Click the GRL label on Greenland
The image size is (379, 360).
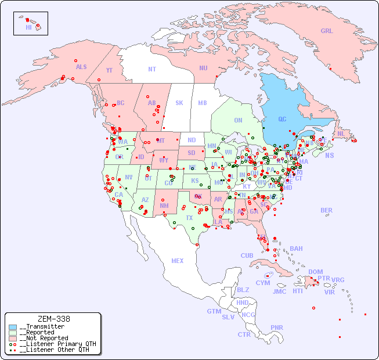[x=327, y=31]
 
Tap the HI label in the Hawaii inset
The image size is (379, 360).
[x=28, y=27]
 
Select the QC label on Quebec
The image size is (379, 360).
[x=282, y=120]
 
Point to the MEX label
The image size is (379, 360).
[x=178, y=261]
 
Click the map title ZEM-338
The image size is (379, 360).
[x=53, y=319]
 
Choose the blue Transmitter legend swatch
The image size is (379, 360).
[x=13, y=327]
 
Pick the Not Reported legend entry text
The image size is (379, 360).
[x=43, y=338]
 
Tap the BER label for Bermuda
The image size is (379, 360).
[x=326, y=211]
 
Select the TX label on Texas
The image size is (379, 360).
[x=189, y=218]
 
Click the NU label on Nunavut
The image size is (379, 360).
[x=203, y=68]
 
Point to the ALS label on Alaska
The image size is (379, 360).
[x=81, y=67]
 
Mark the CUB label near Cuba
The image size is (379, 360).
[x=247, y=255]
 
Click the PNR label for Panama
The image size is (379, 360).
[x=277, y=327]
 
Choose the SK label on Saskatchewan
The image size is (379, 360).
[x=179, y=103]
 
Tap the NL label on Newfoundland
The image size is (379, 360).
[x=341, y=134]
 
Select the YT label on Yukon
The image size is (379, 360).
[x=109, y=70]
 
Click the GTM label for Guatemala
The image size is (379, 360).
[x=214, y=311]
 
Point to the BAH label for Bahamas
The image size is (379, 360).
[x=296, y=249]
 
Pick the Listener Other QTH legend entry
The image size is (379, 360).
[x=53, y=350]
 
